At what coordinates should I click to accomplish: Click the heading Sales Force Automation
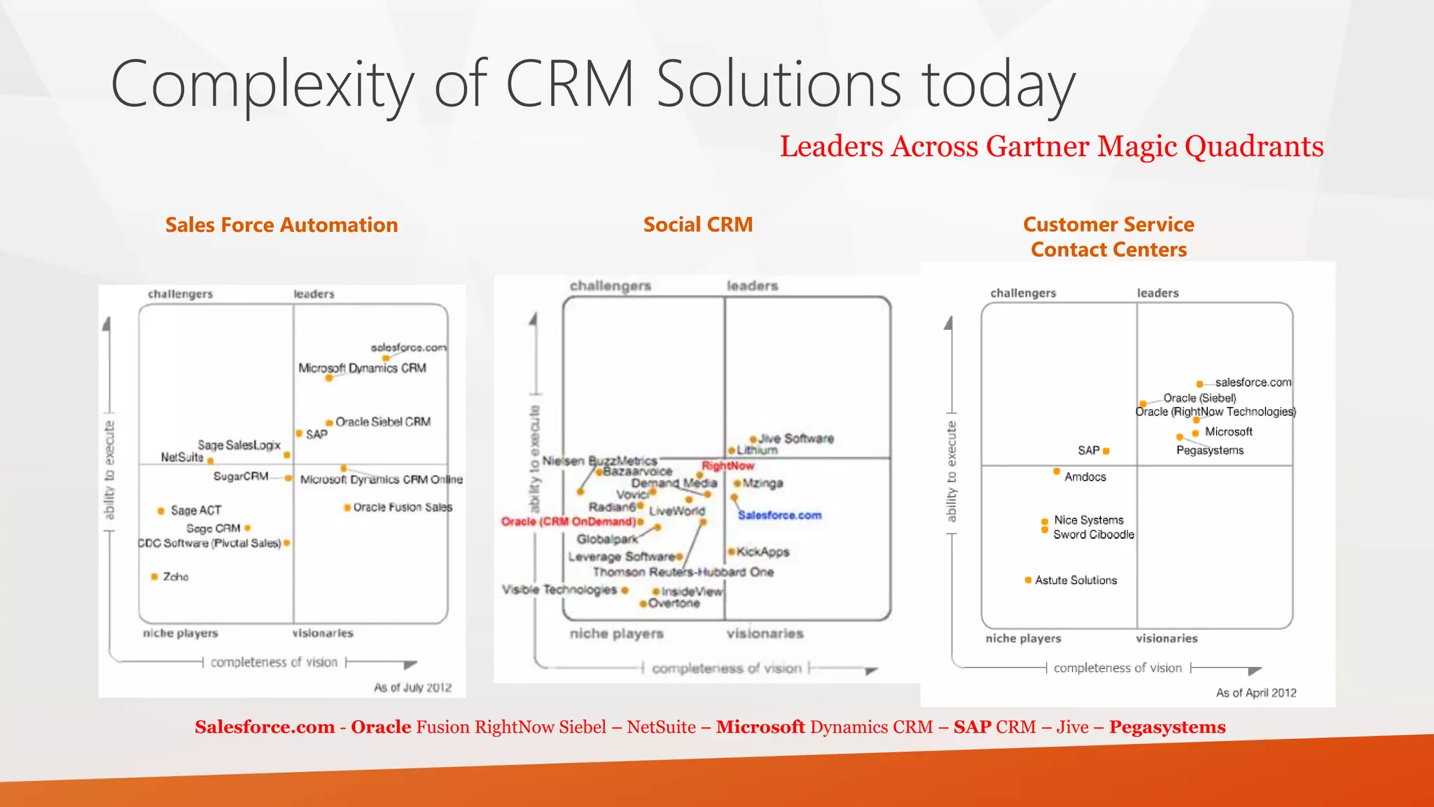pyautogui.click(x=281, y=225)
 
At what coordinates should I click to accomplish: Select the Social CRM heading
pyautogui.click(x=697, y=224)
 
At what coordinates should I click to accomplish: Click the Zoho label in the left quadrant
pyautogui.click(x=175, y=577)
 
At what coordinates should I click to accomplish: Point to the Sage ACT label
pyautogui.click(x=196, y=511)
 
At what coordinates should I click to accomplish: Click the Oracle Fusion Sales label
pyautogui.click(x=403, y=507)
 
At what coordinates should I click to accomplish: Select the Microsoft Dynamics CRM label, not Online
pyautogui.click(x=362, y=368)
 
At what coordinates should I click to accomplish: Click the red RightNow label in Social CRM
pyautogui.click(x=728, y=466)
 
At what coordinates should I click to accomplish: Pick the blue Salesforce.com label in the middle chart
pyautogui.click(x=779, y=515)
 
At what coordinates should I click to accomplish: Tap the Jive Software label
pyautogui.click(x=796, y=439)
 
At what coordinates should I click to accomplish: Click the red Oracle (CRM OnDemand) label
pyautogui.click(x=569, y=522)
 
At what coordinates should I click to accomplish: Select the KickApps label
pyautogui.click(x=763, y=552)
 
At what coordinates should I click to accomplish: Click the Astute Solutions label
pyautogui.click(x=1075, y=580)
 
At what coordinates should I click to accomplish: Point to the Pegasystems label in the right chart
pyautogui.click(x=1209, y=450)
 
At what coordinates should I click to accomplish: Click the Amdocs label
pyautogui.click(x=1085, y=477)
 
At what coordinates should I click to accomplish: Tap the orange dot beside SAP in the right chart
pyautogui.click(x=1106, y=451)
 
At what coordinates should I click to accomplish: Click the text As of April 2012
pyautogui.click(x=1255, y=693)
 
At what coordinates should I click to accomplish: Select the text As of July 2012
pyautogui.click(x=412, y=688)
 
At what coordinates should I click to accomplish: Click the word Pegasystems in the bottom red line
pyautogui.click(x=1167, y=727)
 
